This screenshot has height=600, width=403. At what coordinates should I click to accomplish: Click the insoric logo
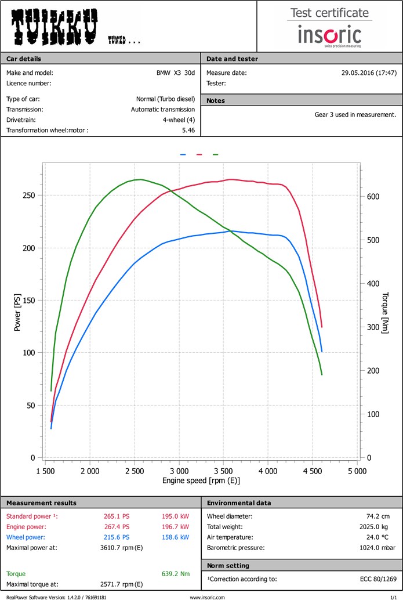coord(329,35)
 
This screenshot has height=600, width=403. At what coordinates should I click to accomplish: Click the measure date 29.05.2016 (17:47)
coord(369,73)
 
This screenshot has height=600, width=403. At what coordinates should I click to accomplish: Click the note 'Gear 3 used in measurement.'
coord(355,114)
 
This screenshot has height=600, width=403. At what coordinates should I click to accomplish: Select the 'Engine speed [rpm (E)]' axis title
coord(201,480)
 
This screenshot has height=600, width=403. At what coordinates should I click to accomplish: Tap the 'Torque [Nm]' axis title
coord(385,309)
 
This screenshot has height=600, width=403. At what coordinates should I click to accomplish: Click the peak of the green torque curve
coord(140,179)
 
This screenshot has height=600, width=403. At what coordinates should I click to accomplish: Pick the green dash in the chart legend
coord(216,155)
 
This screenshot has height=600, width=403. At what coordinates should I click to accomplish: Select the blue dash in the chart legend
coord(183,155)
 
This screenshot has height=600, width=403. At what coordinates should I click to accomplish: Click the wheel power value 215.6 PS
coord(117,537)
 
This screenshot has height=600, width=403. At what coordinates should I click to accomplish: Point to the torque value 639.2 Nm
coord(175,574)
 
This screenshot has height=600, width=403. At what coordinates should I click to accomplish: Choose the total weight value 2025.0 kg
coord(380,527)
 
